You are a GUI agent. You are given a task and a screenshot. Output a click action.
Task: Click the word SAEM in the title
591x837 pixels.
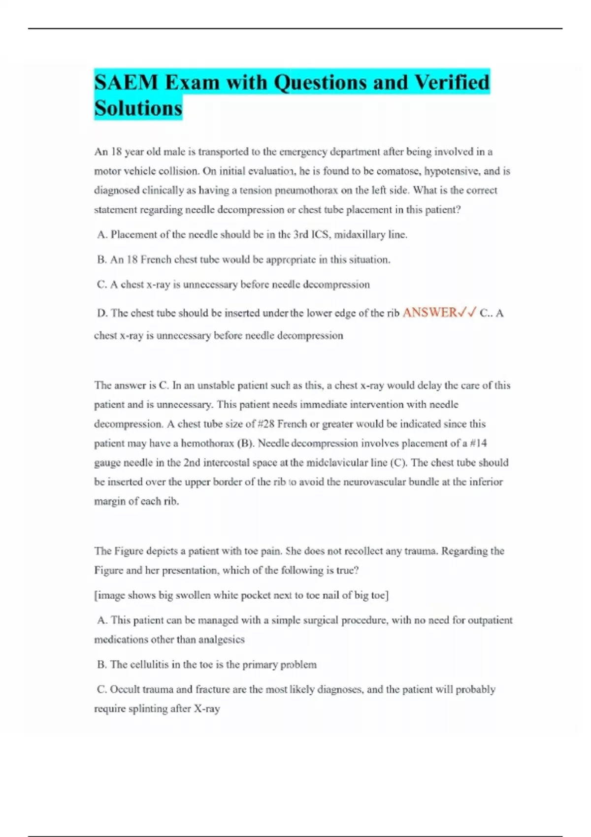(126, 82)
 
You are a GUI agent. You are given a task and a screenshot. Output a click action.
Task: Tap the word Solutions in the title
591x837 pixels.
(138, 108)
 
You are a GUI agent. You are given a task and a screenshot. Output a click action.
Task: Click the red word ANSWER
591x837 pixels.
(429, 313)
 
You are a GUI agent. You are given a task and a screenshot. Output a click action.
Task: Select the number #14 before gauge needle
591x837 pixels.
(478, 443)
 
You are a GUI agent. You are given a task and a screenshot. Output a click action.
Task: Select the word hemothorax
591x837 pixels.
(207, 444)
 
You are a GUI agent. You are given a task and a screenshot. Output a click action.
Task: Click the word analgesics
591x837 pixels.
(221, 640)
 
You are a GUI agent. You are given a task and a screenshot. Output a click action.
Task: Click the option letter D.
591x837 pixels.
(102, 313)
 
